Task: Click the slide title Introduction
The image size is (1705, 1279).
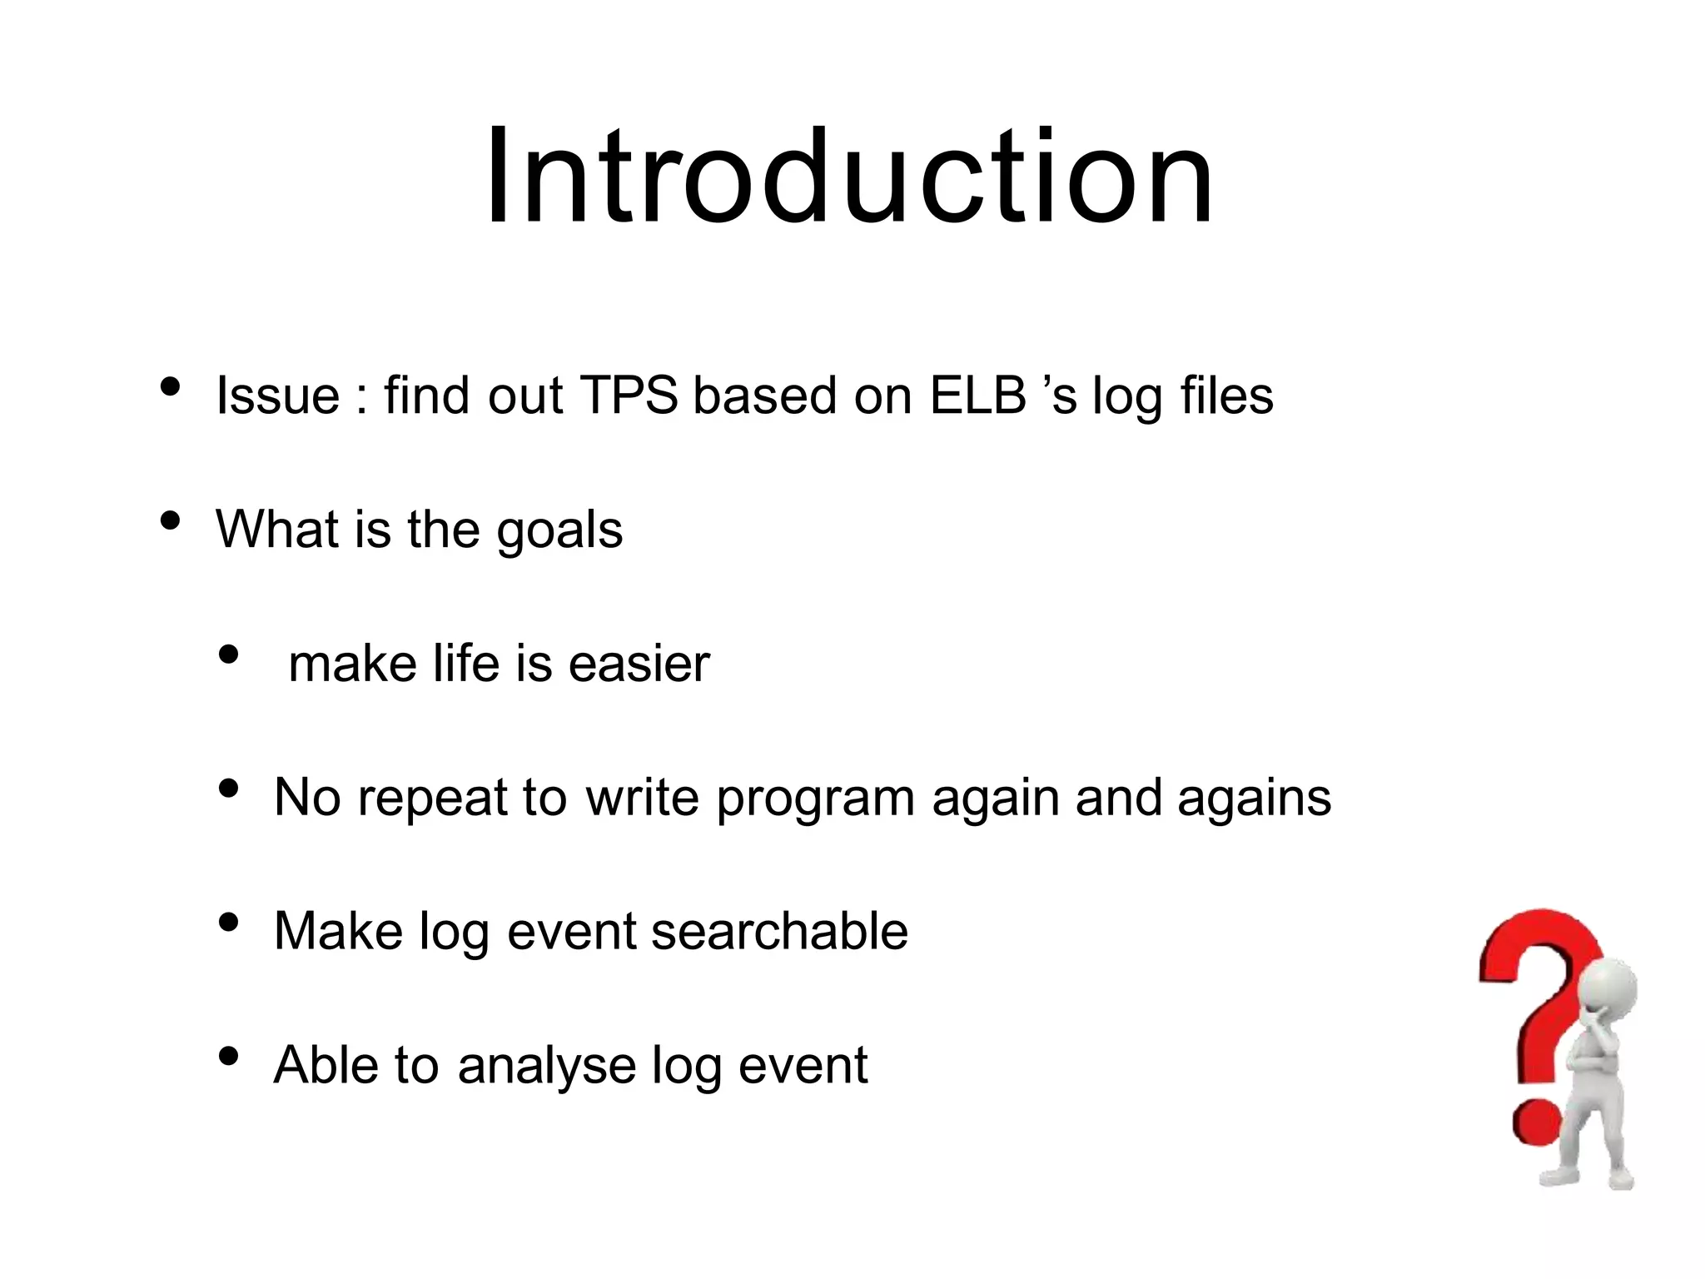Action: coord(849,177)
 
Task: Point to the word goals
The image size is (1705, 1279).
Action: coord(559,531)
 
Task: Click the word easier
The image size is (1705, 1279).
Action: coord(639,664)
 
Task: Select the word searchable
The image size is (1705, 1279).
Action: coord(779,931)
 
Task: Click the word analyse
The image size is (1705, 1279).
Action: coord(547,1066)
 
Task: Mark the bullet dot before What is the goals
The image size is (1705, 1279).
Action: coord(171,521)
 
